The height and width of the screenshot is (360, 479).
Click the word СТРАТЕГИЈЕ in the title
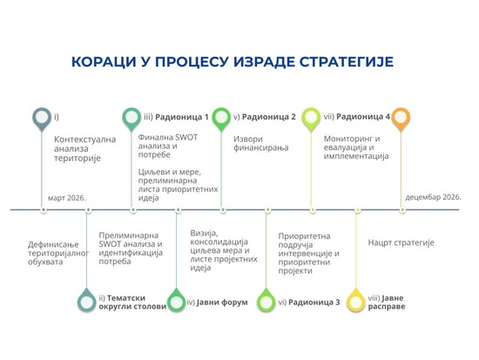tap(346, 62)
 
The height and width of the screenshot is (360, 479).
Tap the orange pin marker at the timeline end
tap(401, 118)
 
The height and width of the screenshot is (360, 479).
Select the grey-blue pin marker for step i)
tap(42, 118)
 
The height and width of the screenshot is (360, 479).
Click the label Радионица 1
tap(182, 117)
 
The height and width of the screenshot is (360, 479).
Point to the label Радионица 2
tap(269, 117)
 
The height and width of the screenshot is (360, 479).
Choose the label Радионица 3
tap(314, 302)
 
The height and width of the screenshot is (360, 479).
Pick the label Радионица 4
tap(363, 117)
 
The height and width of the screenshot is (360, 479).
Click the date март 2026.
tap(66, 198)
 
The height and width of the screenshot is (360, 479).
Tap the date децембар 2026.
tap(433, 197)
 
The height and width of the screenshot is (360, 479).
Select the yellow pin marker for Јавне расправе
tap(356, 302)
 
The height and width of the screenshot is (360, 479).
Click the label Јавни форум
tap(222, 302)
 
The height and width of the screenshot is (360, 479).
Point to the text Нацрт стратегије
tap(401, 243)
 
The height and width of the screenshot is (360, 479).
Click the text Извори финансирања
tap(261, 143)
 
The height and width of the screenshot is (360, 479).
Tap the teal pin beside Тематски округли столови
tap(87, 302)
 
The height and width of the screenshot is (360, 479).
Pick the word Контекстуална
tap(85, 139)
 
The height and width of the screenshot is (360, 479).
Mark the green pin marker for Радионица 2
tap(221, 118)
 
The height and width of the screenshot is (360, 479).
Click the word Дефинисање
tap(53, 245)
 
